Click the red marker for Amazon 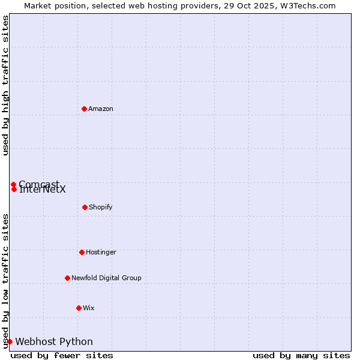tap(84, 109)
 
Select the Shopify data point tap(85, 207)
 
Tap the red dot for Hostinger tap(82, 252)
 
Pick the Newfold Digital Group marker tap(67, 278)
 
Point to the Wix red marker tap(79, 308)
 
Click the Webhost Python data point tap(10, 341)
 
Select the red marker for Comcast tap(13, 184)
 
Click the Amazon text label tap(101, 109)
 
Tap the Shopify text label tap(101, 207)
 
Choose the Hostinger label tap(101, 252)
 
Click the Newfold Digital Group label tap(106, 278)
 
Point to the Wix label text tap(89, 308)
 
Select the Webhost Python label tap(54, 341)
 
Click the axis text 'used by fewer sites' tap(62, 355)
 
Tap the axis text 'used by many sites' tap(301, 355)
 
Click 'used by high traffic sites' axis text tap(5, 85)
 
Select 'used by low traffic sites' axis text tap(5, 280)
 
